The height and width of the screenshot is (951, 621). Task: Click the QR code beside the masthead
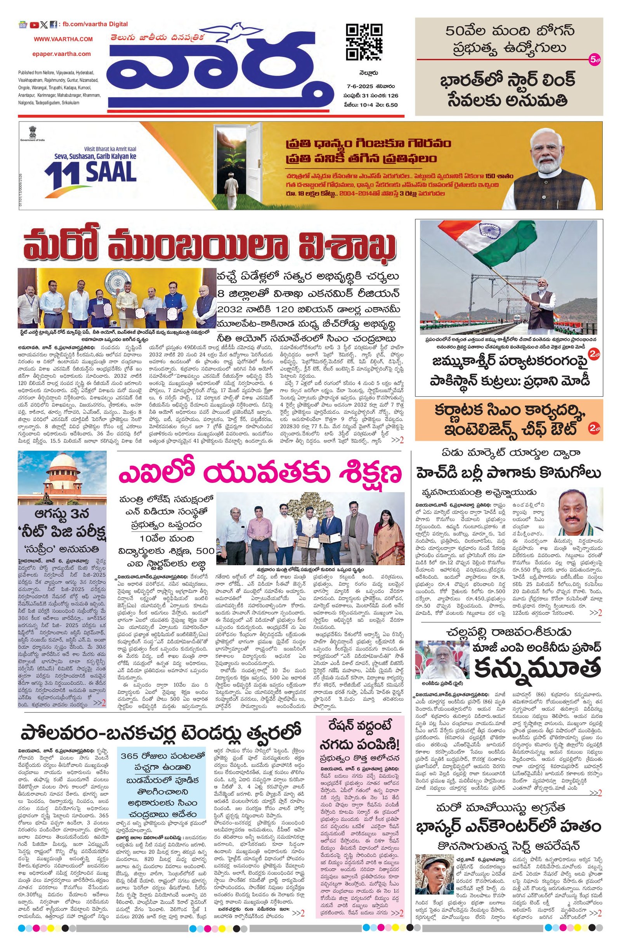pyautogui.click(x=363, y=42)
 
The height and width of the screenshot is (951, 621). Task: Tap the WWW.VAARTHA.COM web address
pyautogui.click(x=63, y=39)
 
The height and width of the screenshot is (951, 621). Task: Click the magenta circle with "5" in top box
pyautogui.click(x=594, y=60)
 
